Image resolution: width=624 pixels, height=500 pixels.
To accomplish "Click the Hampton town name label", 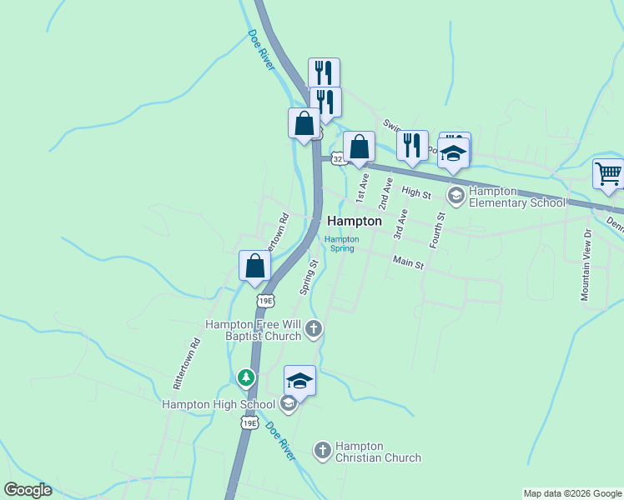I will click(x=355, y=222).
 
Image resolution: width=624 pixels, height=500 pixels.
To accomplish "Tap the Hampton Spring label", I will click(x=342, y=243).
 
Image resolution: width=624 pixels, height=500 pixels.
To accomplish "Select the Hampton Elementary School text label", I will click(x=517, y=197).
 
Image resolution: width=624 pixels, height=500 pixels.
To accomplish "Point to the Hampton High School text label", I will click(x=218, y=405).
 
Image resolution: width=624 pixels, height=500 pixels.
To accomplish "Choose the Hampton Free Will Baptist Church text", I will click(x=254, y=329).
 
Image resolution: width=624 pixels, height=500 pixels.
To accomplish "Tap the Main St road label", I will click(x=409, y=265).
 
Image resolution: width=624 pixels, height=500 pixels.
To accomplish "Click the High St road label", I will click(x=415, y=192).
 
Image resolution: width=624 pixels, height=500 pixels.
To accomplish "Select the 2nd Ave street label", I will click(x=385, y=192).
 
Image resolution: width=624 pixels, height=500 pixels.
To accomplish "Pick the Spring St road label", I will click(x=309, y=277).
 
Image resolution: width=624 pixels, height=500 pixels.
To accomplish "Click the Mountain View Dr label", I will click(x=586, y=265).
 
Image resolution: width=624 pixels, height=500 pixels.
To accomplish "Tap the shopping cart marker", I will click(x=609, y=174).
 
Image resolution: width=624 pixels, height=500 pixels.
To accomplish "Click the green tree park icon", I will click(x=245, y=377).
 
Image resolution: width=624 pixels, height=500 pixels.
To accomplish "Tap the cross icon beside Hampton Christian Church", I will click(x=322, y=451).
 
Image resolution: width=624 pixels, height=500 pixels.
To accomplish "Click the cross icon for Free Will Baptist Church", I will click(x=313, y=329).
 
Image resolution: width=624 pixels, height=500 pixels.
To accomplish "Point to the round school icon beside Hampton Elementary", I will click(x=455, y=197).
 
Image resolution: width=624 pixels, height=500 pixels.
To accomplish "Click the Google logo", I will click(x=28, y=490).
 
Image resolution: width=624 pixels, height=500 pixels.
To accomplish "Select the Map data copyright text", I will click(x=572, y=493).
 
